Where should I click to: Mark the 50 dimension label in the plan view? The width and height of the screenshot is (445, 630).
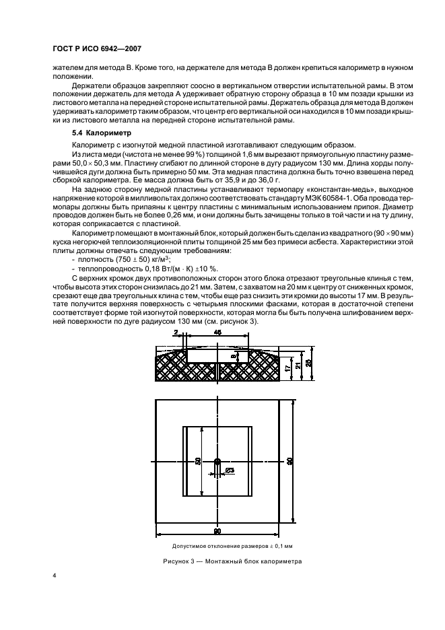point(199,460)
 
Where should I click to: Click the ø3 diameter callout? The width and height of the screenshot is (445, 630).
point(230,470)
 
